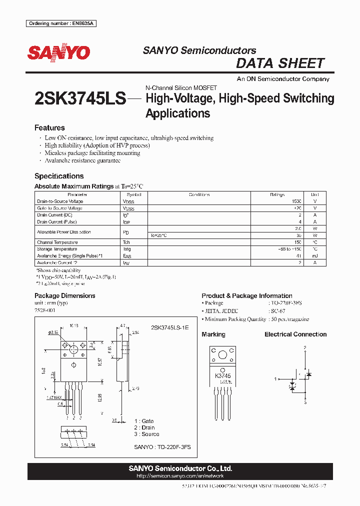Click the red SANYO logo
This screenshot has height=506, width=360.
(58, 52)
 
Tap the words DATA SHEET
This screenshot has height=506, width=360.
(280, 63)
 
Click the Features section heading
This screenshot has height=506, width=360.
(49, 128)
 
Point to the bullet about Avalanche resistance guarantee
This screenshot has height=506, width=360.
(82, 160)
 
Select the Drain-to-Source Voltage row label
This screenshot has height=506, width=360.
(60, 201)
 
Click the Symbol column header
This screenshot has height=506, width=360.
(134, 194)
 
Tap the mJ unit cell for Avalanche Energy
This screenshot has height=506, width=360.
(314, 255)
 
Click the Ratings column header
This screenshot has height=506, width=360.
(277, 194)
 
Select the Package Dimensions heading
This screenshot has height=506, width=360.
(64, 295)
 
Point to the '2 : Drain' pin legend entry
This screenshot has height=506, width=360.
(144, 427)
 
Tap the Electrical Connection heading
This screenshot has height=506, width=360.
(295, 334)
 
